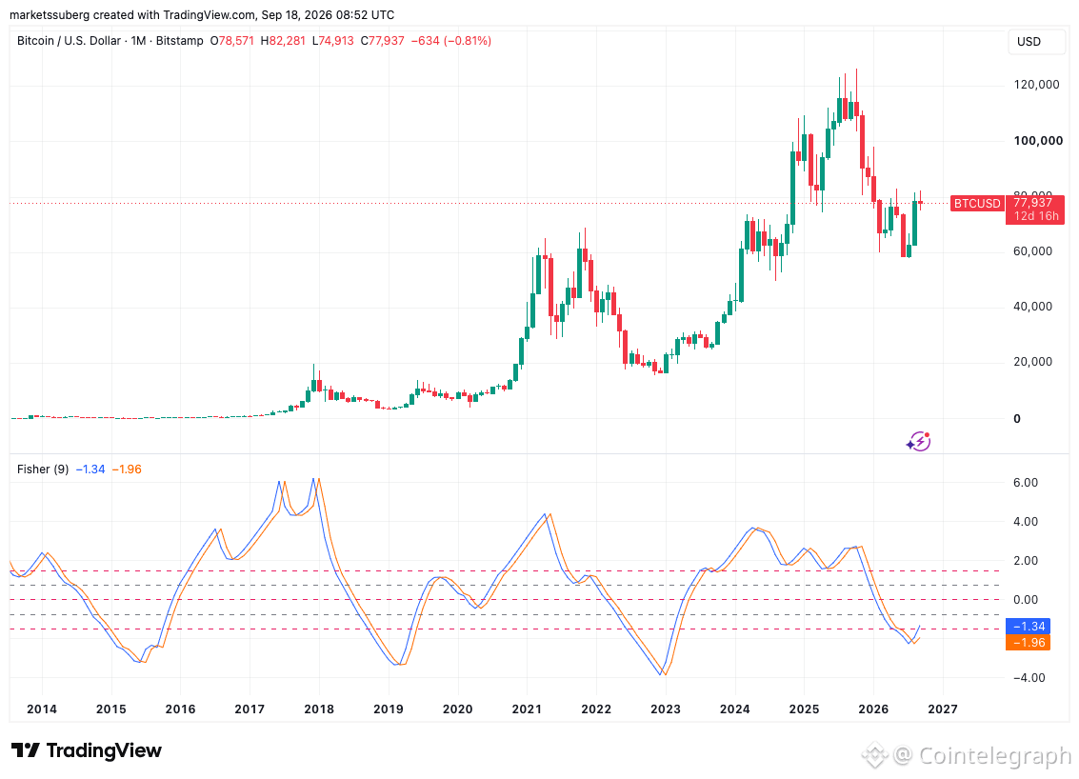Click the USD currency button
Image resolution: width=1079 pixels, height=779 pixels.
[x=1029, y=41]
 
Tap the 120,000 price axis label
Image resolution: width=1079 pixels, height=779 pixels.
[x=1036, y=85]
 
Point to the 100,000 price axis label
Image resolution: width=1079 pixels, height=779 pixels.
[x=1038, y=140]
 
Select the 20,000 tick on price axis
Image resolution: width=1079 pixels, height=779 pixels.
[x=1033, y=362]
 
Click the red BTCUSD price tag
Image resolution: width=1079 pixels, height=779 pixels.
[x=977, y=204]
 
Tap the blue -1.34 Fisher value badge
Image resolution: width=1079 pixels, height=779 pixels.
[x=1029, y=627]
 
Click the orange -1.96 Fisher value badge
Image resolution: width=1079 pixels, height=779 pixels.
[x=1029, y=643]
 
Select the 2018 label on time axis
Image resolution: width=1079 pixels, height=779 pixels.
[x=319, y=709]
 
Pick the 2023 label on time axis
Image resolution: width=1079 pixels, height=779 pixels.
[x=666, y=709]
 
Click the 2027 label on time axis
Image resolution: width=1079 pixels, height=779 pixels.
[x=943, y=709]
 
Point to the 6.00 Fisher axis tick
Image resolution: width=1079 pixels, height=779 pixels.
[x=1026, y=483]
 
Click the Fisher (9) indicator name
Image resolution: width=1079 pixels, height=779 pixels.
[x=43, y=469]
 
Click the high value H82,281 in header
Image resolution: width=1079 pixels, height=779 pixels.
[x=283, y=41]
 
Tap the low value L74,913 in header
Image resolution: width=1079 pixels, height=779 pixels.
[x=333, y=41]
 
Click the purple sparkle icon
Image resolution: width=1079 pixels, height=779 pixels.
[x=919, y=441]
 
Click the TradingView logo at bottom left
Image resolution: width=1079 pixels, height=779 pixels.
[x=87, y=750]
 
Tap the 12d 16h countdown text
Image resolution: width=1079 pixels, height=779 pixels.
[x=1036, y=216]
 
